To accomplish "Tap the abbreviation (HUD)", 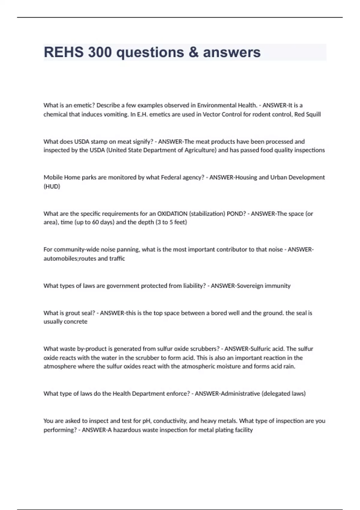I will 52,186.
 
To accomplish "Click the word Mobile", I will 53,177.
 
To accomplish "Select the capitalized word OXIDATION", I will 172,214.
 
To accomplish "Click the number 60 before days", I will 95,222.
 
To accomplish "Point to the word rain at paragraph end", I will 289,366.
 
